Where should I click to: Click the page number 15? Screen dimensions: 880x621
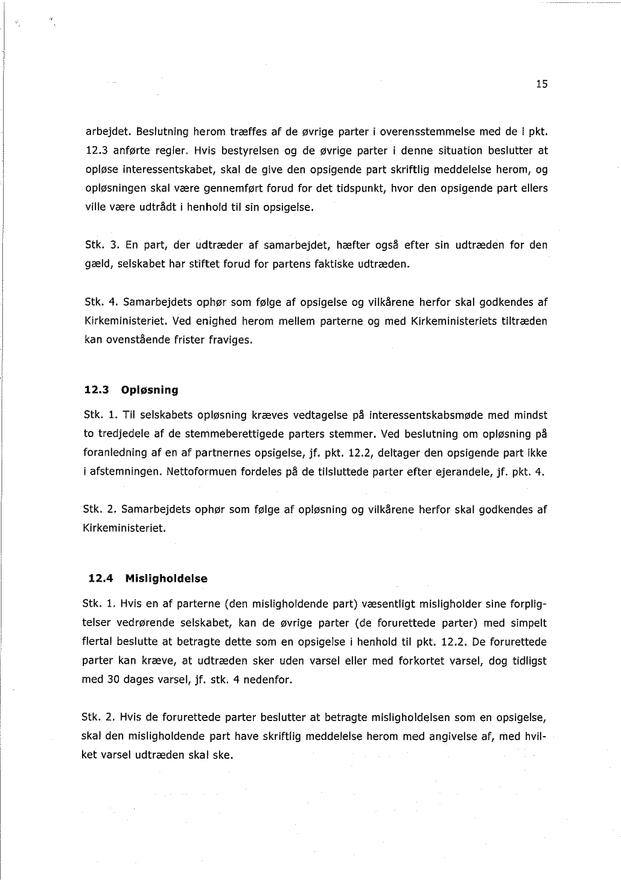[x=542, y=84]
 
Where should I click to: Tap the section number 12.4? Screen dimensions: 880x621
[x=100, y=579]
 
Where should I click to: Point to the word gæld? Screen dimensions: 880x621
[x=96, y=264]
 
